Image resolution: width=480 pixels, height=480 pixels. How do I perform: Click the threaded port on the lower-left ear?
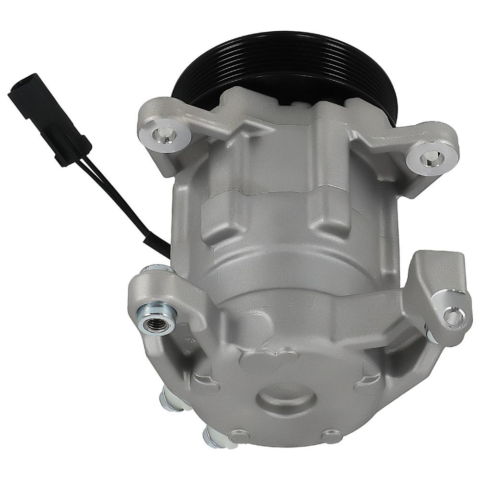(156, 319)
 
